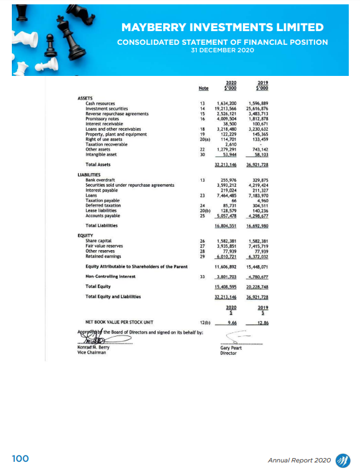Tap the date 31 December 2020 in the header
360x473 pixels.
[x=222, y=50]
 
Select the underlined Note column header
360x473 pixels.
[x=203, y=88]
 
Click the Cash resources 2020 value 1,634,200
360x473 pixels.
[x=225, y=103]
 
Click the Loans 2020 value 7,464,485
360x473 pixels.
[x=226, y=195]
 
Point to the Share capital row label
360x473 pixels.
[x=100, y=241]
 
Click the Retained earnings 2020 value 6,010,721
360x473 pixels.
[x=226, y=256]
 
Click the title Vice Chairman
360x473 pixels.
[x=92, y=352]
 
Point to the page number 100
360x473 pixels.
[x=21, y=459]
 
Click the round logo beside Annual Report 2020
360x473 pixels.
[x=343, y=459]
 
